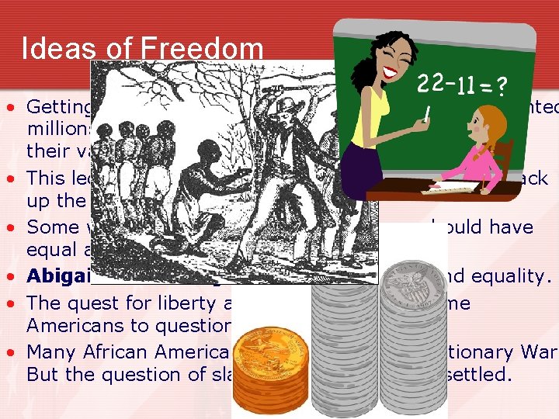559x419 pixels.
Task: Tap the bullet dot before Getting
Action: [15, 106]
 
